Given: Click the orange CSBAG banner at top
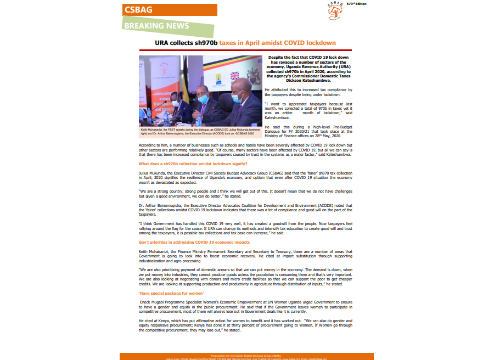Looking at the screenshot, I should coord(169,10).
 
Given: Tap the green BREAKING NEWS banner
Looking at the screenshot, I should coord(156,26).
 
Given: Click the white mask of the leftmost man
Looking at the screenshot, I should coord(176,103).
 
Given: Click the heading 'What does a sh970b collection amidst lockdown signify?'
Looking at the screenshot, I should coord(193,164).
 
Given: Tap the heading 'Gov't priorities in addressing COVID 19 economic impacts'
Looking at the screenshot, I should coord(194,242).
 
